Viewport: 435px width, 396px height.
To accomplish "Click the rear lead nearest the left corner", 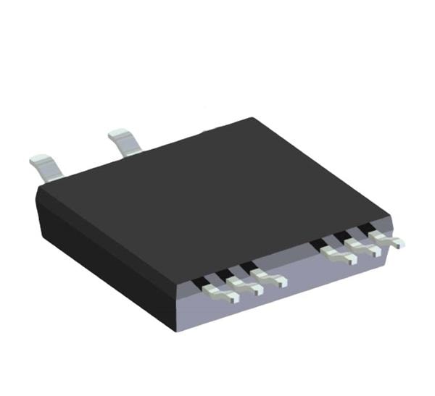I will point(45,166).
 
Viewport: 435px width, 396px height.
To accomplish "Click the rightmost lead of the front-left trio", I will point(270,279).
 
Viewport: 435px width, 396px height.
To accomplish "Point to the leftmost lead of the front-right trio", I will point(337,254).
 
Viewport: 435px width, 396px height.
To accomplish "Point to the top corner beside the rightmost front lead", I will point(391,217).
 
